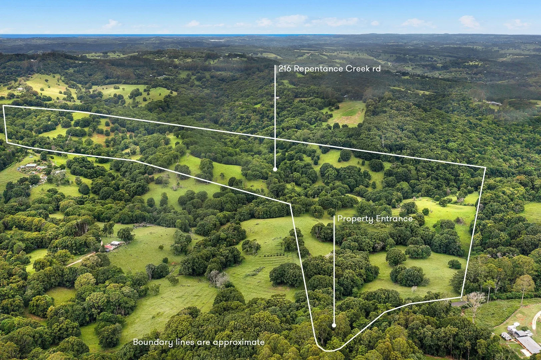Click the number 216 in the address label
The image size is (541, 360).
[285, 69]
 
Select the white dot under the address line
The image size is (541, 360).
[275, 169]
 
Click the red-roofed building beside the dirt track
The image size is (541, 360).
[109, 248]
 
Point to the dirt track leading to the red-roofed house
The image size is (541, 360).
[80, 259]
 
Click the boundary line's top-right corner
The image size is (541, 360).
[485, 167]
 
